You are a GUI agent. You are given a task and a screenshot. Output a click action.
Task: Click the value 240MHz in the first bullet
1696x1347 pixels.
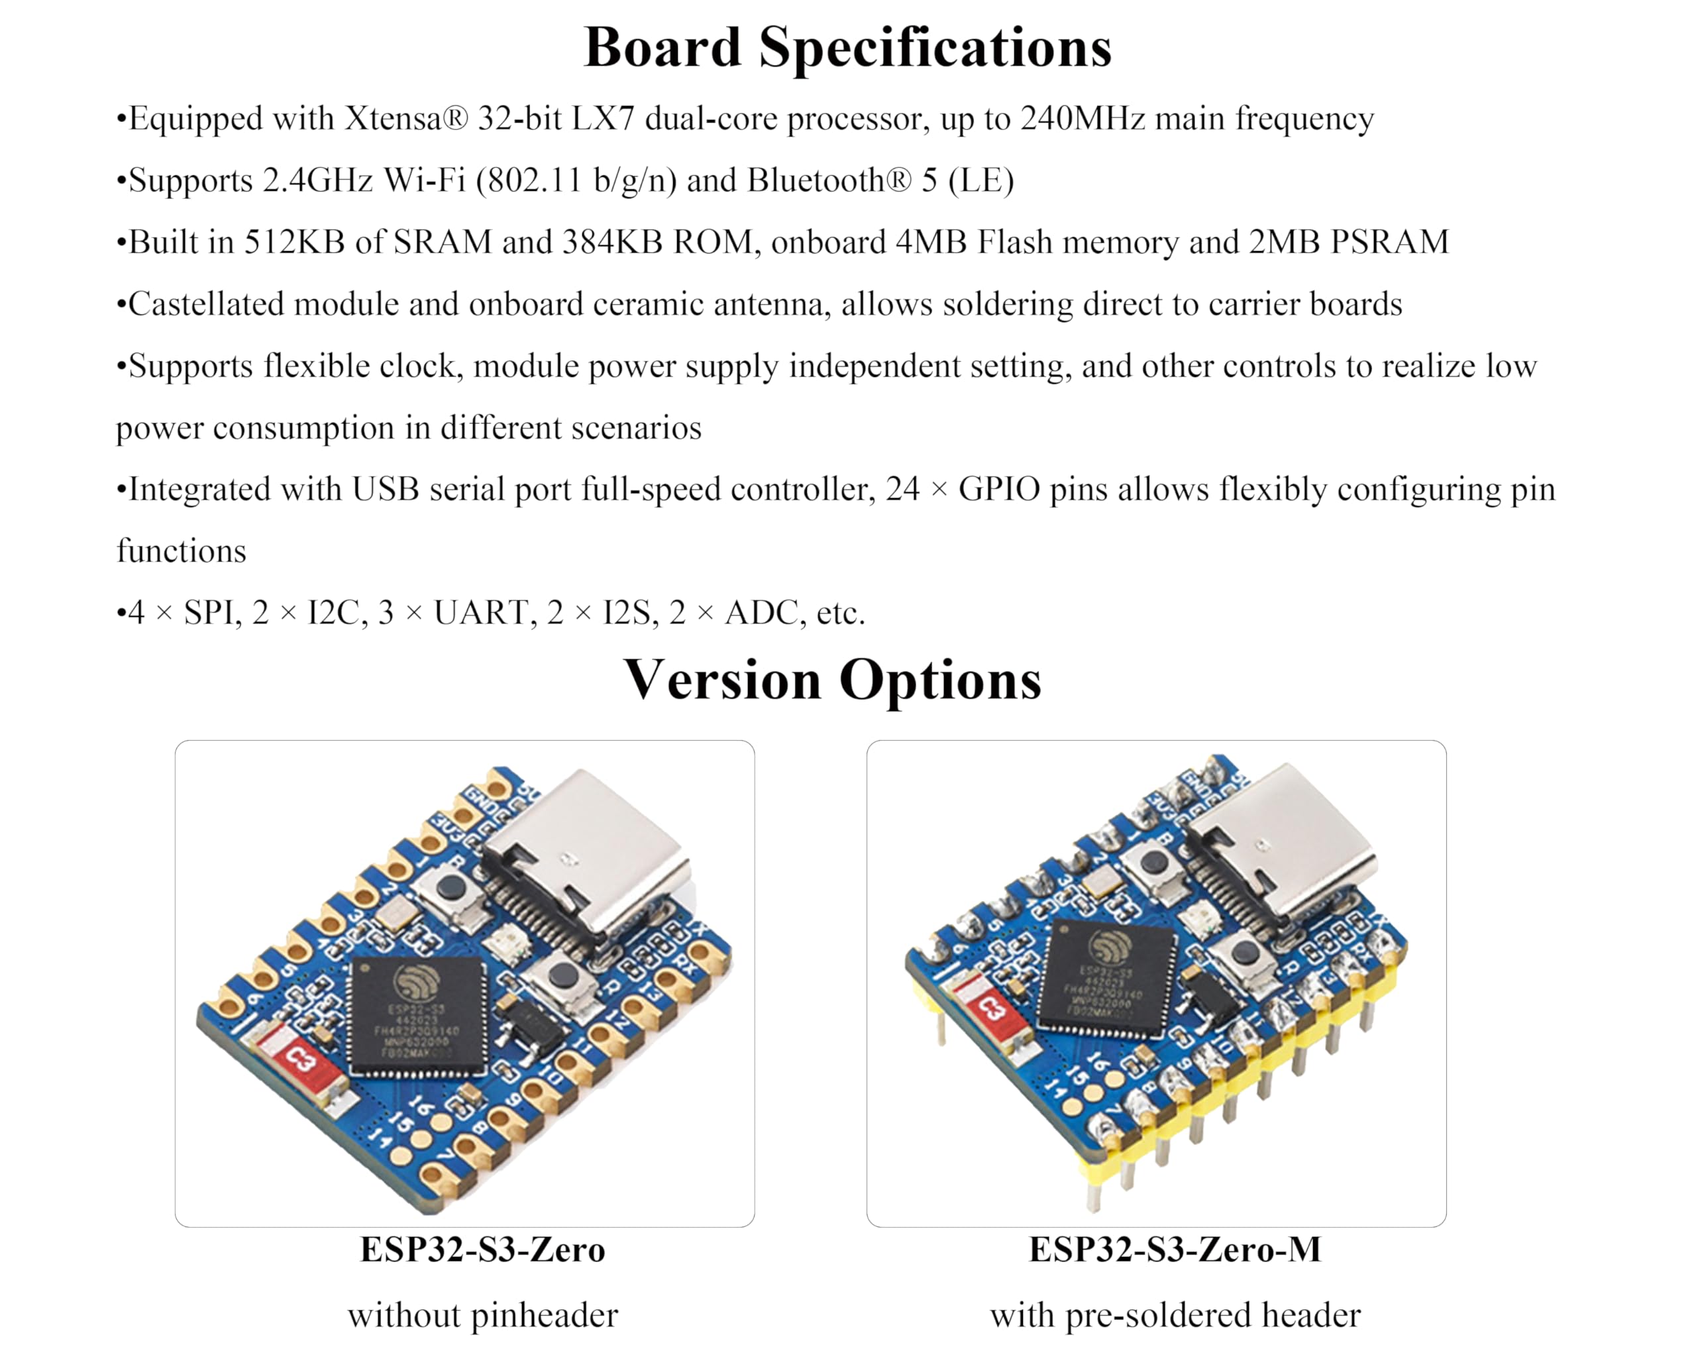(1083, 119)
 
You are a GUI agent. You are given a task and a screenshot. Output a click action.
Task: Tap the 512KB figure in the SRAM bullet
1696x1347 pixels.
(294, 242)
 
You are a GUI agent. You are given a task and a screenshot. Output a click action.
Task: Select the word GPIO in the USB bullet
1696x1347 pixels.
(999, 490)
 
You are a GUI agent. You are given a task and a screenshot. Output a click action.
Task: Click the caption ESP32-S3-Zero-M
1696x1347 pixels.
(1175, 1250)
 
